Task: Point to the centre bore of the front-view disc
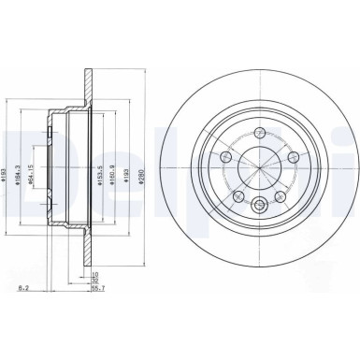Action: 258,169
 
